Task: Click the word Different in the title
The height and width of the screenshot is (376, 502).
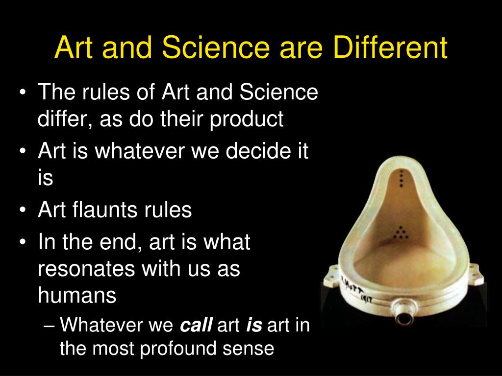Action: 390,47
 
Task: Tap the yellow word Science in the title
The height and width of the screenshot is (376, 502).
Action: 216,47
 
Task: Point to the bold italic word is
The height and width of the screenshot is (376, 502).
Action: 254,325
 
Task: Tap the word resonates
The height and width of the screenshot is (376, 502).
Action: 86,269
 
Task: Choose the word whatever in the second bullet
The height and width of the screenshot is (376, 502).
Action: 140,150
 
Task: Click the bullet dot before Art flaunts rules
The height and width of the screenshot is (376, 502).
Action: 22,211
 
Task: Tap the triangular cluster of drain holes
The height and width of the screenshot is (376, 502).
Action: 401,233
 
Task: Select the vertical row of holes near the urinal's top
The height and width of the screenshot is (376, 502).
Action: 401,178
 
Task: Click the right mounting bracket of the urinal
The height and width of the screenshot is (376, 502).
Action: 477,274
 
